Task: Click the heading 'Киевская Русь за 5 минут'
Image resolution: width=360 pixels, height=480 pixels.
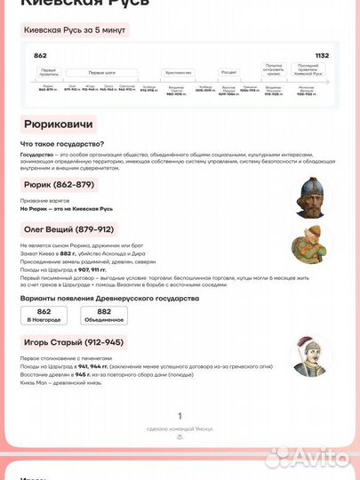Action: tap(74, 30)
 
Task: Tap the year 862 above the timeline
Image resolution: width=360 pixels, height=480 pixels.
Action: tap(40, 55)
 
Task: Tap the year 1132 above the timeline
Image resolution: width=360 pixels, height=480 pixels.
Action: tap(321, 55)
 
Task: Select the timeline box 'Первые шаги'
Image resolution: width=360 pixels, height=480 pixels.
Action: tap(100, 72)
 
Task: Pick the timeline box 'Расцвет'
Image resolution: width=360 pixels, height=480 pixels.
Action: tap(228, 72)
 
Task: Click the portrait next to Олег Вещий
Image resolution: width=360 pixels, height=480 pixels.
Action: tap(314, 240)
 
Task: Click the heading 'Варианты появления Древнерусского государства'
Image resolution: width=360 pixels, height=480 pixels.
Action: tap(108, 298)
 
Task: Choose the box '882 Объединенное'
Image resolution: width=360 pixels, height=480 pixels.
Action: tap(104, 315)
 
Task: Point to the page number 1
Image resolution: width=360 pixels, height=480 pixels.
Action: tap(180, 415)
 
